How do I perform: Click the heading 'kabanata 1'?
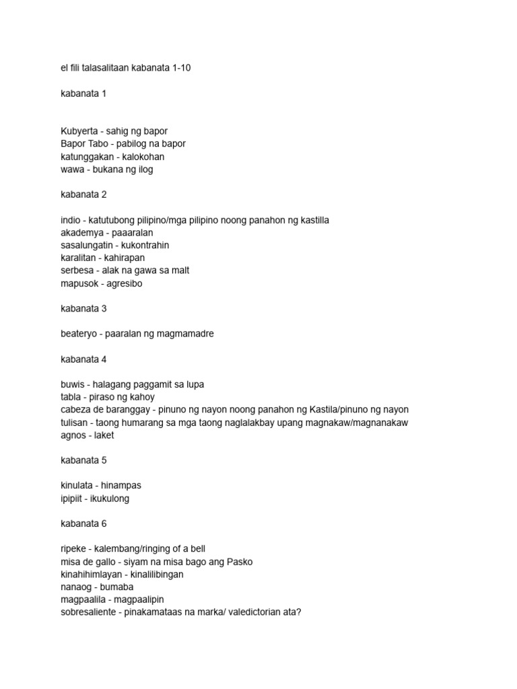[x=83, y=94]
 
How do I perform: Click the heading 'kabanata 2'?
[x=83, y=194]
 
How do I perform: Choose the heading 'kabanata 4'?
[x=83, y=359]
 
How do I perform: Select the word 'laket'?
[x=104, y=435]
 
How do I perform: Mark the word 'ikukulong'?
[x=109, y=499]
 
